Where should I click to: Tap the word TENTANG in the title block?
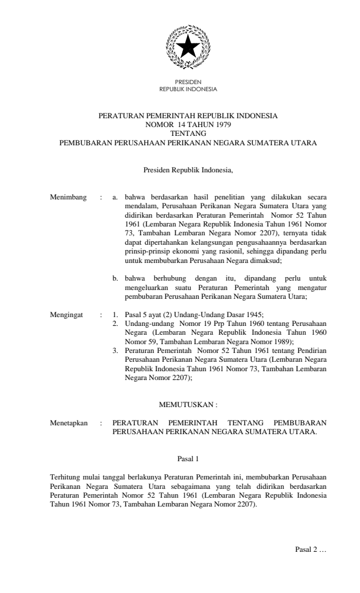click(188, 134)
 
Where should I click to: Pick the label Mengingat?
click(68, 315)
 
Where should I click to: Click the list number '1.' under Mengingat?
click(116, 315)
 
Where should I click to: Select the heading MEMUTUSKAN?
click(188, 405)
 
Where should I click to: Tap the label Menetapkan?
click(69, 422)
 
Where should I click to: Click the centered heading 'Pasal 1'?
click(188, 458)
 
